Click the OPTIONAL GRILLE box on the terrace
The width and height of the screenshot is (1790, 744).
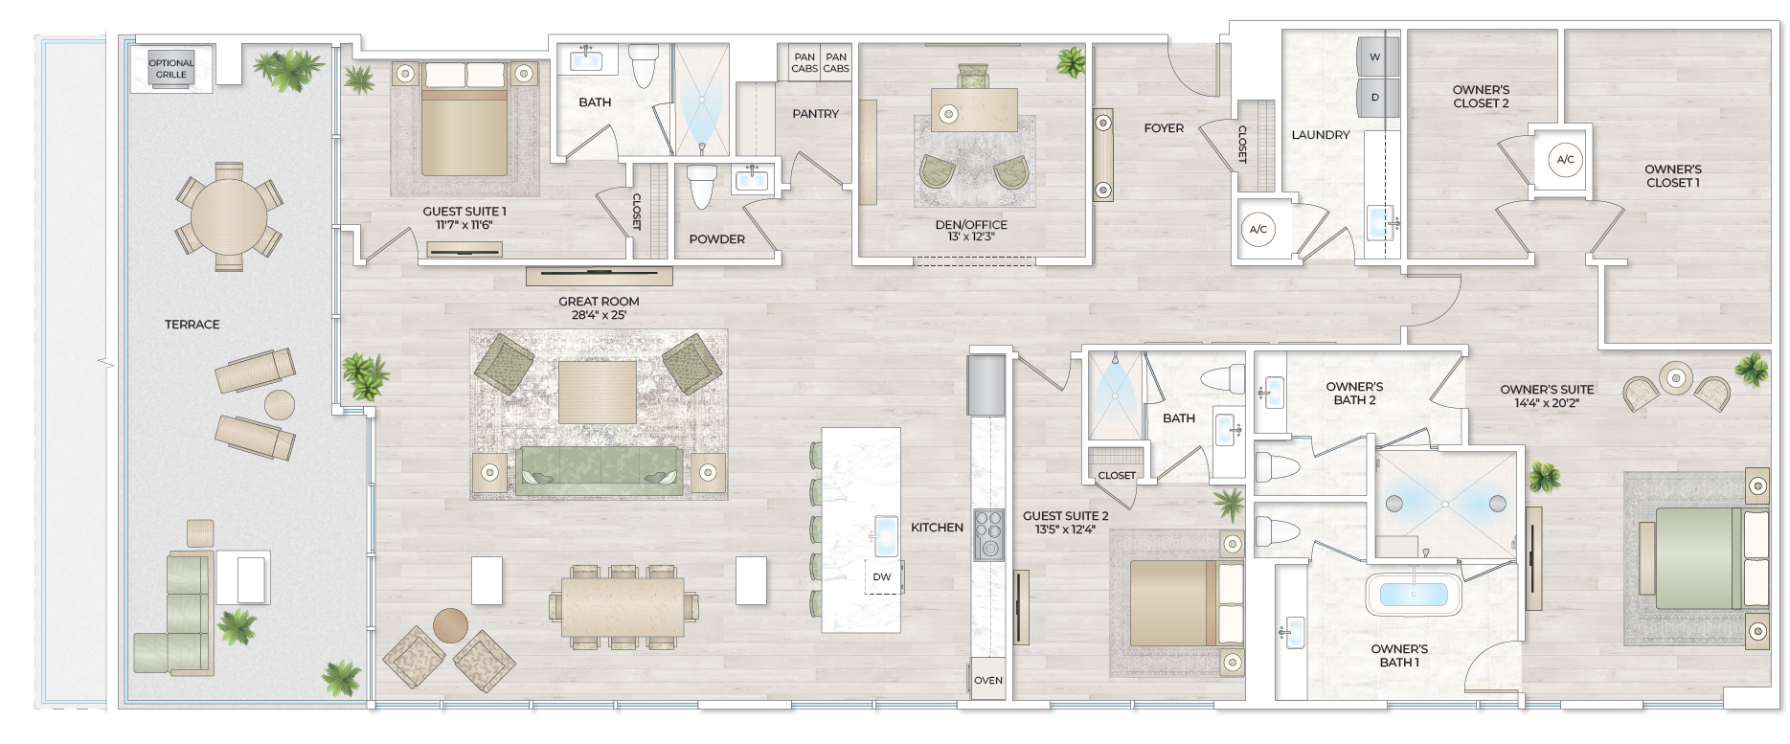pos(171,69)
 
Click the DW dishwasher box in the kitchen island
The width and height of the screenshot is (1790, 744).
pos(882,577)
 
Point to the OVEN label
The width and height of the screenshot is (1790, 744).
pos(987,681)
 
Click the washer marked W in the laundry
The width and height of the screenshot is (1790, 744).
pos(1374,57)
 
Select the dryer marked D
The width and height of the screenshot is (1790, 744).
pos(1374,98)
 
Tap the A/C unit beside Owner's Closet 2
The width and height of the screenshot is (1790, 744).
pos(1565,160)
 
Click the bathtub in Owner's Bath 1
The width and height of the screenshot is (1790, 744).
pos(1413,595)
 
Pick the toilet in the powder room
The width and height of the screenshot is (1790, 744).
pos(702,186)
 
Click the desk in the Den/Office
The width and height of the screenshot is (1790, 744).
pos(974,109)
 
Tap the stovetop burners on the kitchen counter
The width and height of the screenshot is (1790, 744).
pos(987,533)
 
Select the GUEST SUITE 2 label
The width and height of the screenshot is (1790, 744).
pos(1065,522)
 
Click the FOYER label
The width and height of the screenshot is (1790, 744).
pos(1164,128)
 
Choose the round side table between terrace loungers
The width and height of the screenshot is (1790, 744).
pos(280,404)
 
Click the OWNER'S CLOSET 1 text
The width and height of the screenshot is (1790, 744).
pos(1672,176)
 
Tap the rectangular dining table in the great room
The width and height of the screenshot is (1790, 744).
pos(623,605)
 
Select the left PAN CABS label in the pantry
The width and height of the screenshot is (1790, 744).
pos(804,63)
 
